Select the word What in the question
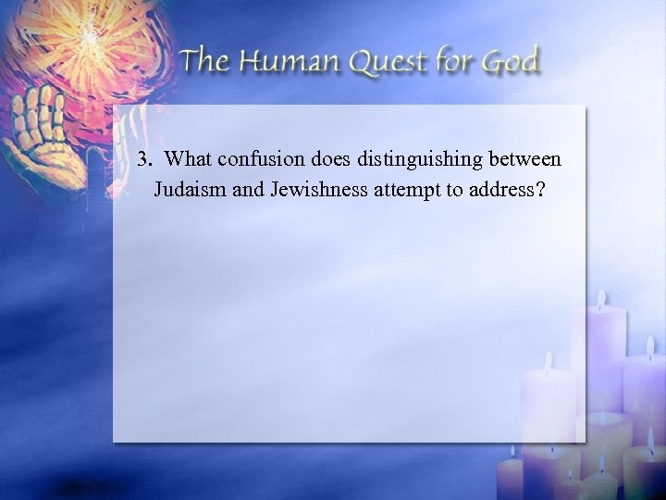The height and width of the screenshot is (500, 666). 191,158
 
